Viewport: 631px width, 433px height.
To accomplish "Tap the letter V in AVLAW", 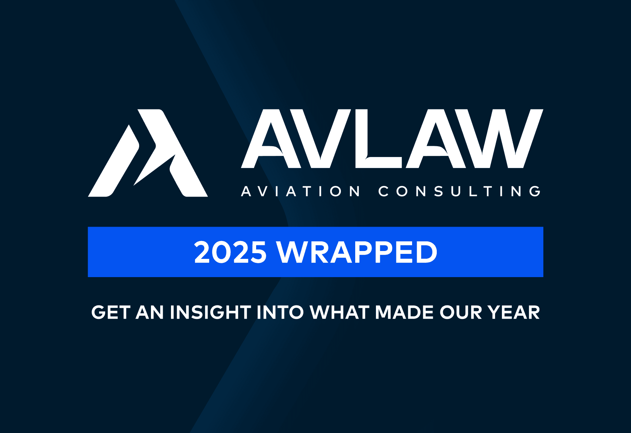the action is point(320,138).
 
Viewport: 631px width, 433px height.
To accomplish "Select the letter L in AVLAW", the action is point(378,138).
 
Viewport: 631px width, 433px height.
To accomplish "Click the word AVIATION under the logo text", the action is point(300,191).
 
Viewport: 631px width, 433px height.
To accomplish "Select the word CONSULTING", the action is point(459,191).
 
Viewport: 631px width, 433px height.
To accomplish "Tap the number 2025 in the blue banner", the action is point(230,252).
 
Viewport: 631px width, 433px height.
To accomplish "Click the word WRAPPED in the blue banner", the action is point(357,252).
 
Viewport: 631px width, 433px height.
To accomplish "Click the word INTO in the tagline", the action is point(280,313).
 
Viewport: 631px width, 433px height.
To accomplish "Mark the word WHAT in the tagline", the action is point(339,313).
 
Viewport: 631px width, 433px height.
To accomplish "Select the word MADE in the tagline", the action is point(404,313).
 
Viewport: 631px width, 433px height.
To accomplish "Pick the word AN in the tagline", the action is point(150,313).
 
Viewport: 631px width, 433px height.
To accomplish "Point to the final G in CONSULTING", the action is point(535,191).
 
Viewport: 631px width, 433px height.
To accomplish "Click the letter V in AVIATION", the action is point(263,191).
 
